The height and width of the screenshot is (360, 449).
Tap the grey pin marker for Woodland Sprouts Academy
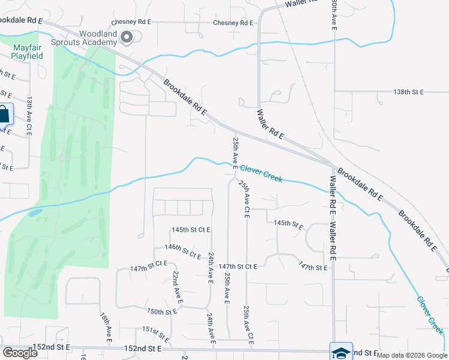point(127,38)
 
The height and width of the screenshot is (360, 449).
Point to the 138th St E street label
point(409,92)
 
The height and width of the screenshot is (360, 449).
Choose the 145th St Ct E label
point(191,230)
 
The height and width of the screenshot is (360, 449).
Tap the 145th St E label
point(289,224)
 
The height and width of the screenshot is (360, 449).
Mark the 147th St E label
point(314,266)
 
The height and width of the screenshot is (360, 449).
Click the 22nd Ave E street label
point(177,287)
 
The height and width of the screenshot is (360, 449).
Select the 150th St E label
point(162,312)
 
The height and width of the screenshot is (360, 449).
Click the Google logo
point(20,353)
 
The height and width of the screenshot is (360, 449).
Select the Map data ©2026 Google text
point(412,355)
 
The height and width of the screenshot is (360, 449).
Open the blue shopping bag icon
point(4,114)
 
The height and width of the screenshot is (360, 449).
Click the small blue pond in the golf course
point(35,212)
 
